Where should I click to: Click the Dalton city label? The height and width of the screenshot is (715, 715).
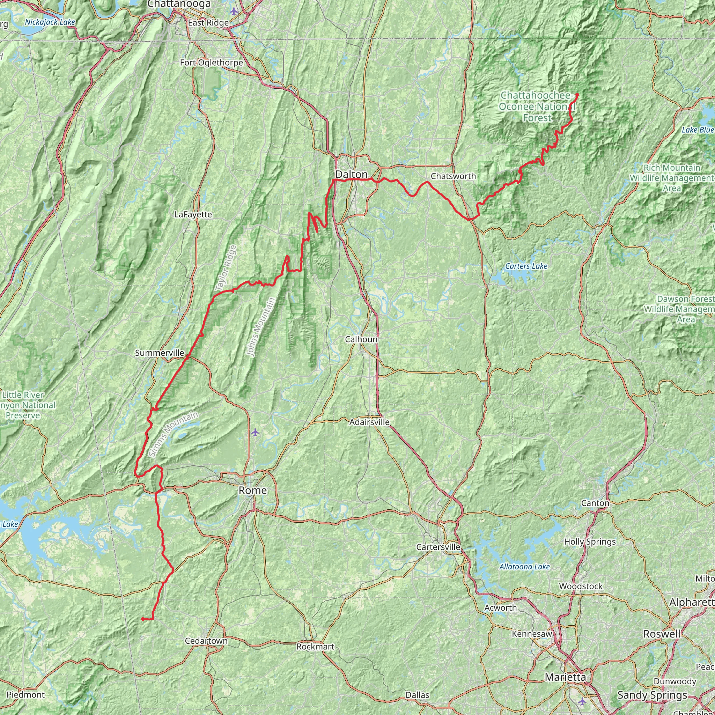coord(351,174)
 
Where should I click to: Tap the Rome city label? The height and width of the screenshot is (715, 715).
coord(252,491)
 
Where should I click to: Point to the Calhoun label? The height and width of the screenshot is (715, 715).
coord(361,339)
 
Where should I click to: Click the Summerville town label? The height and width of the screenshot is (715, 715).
coord(160,353)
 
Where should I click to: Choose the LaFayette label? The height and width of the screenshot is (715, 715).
coord(193,214)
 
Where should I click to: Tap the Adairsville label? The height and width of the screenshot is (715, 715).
coord(369,422)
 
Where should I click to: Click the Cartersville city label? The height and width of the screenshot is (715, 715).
coord(438,547)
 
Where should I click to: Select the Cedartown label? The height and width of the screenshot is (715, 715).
coord(206,641)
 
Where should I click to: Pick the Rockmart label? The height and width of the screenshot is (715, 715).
coord(315,647)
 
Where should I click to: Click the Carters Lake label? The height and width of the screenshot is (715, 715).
coord(526,266)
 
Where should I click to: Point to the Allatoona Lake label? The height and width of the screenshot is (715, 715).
coord(524,567)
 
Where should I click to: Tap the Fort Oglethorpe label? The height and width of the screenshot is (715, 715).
coord(211,62)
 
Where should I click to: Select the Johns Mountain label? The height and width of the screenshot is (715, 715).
coord(261,327)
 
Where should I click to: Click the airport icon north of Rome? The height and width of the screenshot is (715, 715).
coord(255,432)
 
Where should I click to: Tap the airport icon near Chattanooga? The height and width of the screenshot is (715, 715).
coord(234,11)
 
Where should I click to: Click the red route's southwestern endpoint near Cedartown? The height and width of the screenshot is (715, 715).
coord(142,619)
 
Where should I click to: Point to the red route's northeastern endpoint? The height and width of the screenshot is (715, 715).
coord(577,95)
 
